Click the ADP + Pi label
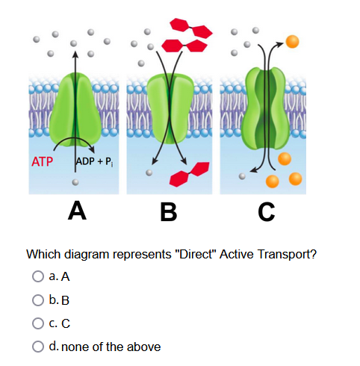click(94, 161)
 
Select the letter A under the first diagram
click(75, 211)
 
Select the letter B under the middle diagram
click(171, 211)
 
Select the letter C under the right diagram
click(266, 211)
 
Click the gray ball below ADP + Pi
click(75, 182)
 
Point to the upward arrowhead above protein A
click(74, 54)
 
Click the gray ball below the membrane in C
click(241, 178)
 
